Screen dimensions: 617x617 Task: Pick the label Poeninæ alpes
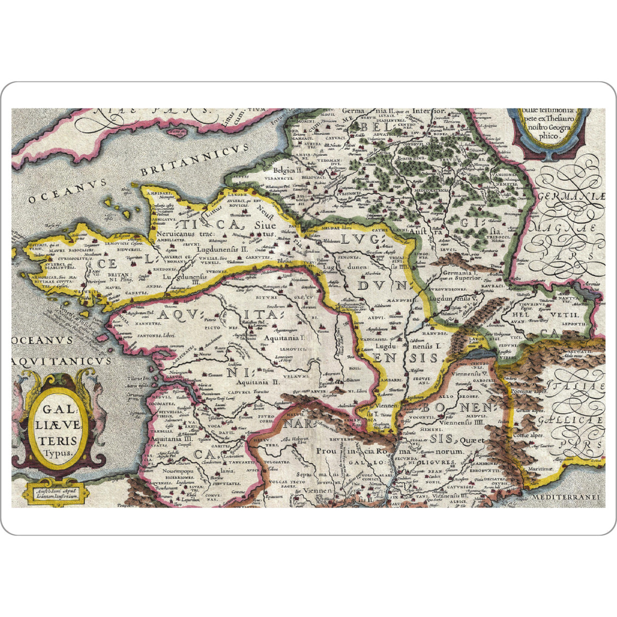tap(533, 391)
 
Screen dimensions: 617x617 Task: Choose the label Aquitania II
tap(258, 382)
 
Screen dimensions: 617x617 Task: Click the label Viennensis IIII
tap(465, 422)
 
